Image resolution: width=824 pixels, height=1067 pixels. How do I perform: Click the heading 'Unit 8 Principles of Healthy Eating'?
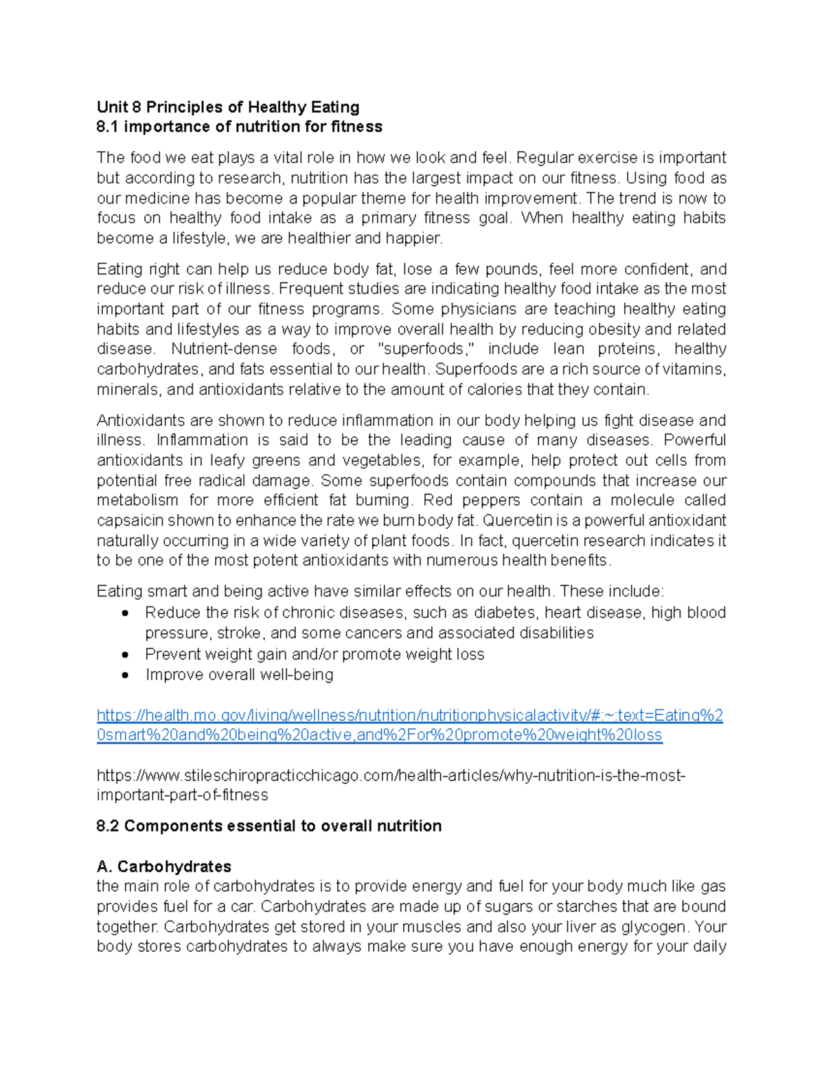click(228, 107)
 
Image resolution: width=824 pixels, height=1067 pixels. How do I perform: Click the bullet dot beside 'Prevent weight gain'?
click(124, 655)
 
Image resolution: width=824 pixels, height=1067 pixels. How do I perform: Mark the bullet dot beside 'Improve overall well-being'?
click(124, 675)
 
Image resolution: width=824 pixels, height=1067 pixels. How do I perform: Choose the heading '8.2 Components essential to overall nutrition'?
click(269, 827)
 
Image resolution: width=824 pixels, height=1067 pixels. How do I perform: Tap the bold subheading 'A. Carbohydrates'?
click(164, 866)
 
